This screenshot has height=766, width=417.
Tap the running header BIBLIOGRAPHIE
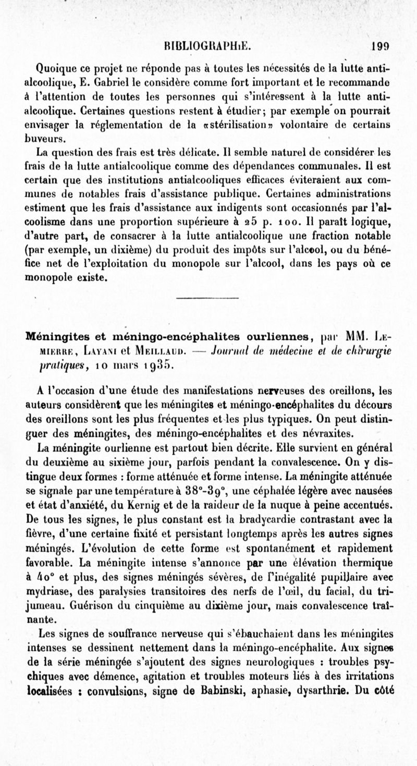pyautogui.click(x=207, y=45)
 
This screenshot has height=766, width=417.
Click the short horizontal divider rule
pyautogui.click(x=208, y=298)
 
